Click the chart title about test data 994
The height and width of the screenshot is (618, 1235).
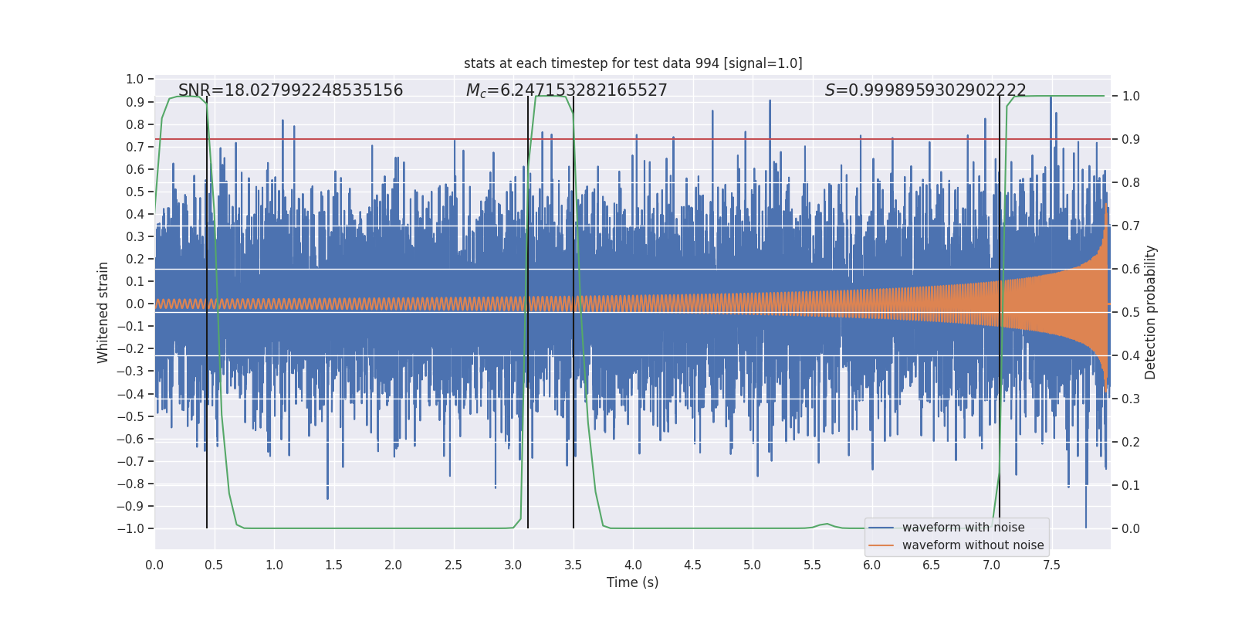coord(633,63)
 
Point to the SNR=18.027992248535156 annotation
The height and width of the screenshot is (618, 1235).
coord(290,90)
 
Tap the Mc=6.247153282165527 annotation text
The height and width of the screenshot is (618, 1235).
coord(567,90)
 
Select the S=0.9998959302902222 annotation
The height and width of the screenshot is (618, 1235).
coord(925,90)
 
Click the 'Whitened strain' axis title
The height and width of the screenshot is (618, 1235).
coord(103,312)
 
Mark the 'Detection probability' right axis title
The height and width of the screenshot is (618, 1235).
coord(1151,312)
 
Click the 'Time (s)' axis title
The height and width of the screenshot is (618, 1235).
coord(632,582)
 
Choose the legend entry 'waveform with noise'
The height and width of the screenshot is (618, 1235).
coord(963,528)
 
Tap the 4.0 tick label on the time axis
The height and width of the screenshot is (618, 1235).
coord(633,565)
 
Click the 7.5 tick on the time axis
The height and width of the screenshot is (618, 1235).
coord(1051,565)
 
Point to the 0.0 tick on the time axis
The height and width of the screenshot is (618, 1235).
coord(154,565)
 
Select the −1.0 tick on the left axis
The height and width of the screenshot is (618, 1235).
coord(130,528)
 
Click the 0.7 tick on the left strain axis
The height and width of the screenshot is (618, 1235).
coord(135,147)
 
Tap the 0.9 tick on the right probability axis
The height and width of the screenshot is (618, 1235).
coord(1131,139)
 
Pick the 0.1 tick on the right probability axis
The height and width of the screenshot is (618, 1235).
coord(1131,485)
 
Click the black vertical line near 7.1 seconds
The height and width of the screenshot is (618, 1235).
coord(1000,309)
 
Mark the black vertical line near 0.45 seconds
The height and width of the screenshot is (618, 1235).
coord(207,309)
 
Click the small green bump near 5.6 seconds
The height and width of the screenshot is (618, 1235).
coord(827,524)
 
